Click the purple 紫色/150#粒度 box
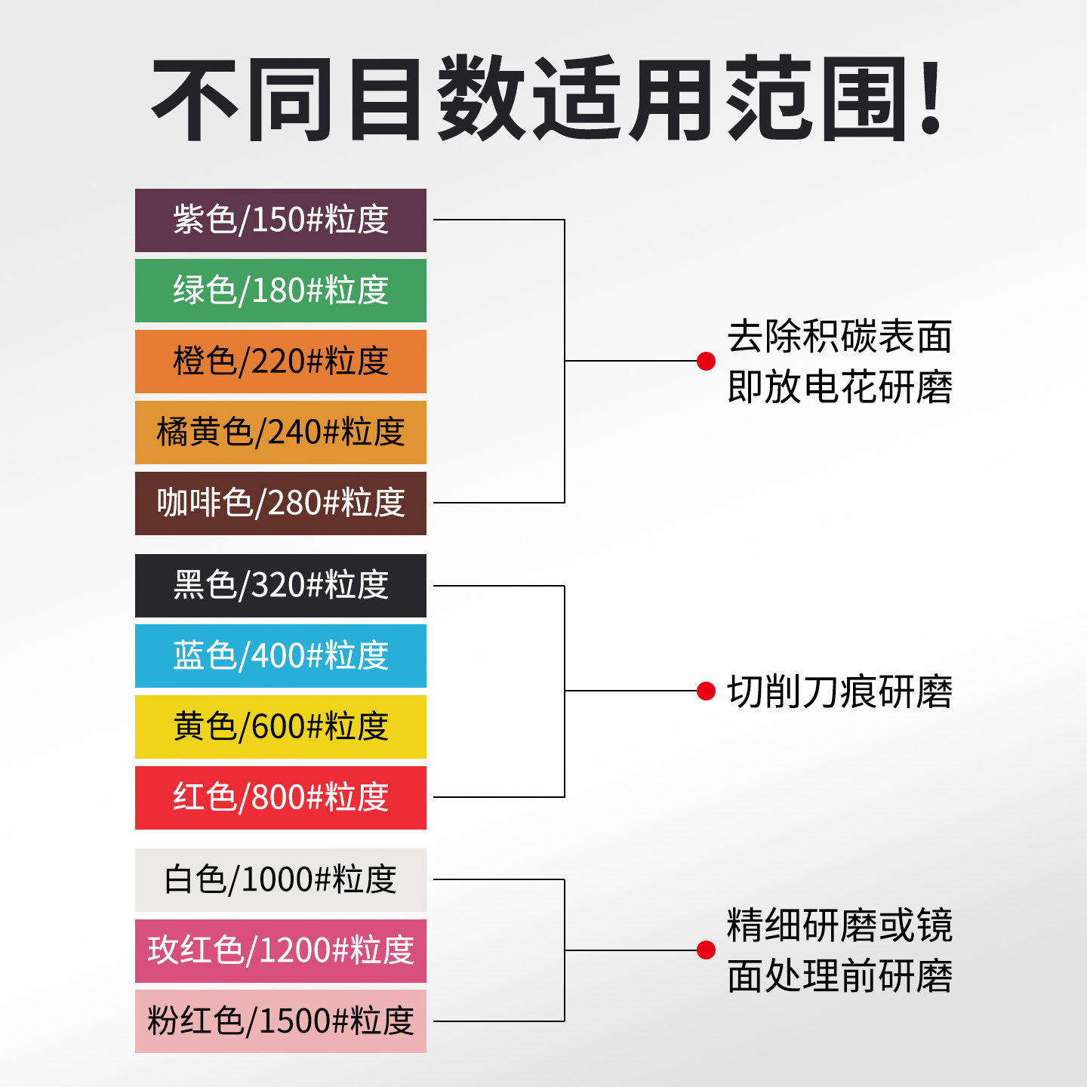[281, 220]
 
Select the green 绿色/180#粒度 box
[281, 291]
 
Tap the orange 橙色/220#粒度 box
[281, 362]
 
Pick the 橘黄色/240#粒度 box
[281, 433]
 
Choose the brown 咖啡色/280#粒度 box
[281, 503]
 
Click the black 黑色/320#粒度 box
[281, 586]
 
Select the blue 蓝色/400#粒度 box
[281, 656]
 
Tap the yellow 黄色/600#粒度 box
[281, 727]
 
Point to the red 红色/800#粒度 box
[281, 798]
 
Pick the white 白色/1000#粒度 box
[281, 880]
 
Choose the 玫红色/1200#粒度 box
[281, 951]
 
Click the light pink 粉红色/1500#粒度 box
[281, 1021]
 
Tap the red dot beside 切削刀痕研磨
[706, 691]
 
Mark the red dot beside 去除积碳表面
[706, 362]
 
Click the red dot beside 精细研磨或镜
[706, 950]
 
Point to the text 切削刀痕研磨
[839, 691]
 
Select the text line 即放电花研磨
[839, 387]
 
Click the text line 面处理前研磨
[839, 976]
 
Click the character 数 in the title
[482, 98]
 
